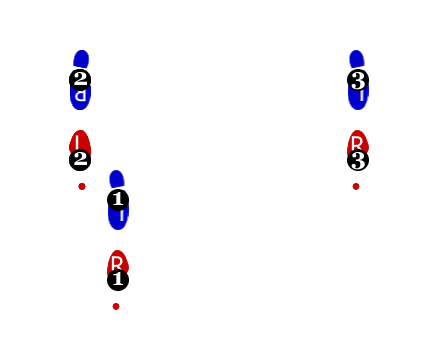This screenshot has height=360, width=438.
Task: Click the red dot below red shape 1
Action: pos(116,306)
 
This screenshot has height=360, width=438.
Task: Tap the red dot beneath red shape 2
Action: pos(82,186)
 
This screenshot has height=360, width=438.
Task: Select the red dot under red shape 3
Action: pos(356,186)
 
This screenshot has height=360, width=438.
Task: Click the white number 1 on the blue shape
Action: pos(118,199)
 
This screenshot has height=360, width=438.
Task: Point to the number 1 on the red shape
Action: pos(118,279)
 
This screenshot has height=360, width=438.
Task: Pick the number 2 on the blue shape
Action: pos(80,78)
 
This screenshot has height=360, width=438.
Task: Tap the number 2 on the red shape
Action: pos(80,158)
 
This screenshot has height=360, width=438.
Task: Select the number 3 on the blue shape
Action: pos(358,80)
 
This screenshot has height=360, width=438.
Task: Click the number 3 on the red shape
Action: pos(358,160)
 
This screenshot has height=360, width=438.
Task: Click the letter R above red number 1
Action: pos(117,263)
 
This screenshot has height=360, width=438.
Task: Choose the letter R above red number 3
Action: pos(357,143)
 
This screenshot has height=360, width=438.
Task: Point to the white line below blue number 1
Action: pos(121,215)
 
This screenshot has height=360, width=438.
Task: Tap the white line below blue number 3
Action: pos(361,96)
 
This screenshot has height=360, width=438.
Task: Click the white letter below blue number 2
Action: pos(80,96)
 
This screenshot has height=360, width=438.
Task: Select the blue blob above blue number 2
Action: pos(81,59)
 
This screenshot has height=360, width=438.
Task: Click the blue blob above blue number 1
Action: pos(117,179)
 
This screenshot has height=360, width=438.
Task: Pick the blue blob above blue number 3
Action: pos(356,59)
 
